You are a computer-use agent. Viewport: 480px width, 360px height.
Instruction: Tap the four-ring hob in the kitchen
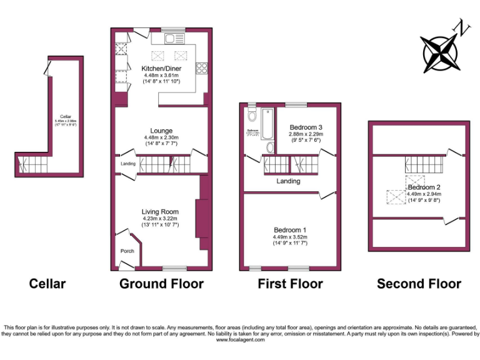pyautogui.click(x=202, y=67)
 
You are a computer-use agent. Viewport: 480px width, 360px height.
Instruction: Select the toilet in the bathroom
pyautogui.click(x=251, y=115)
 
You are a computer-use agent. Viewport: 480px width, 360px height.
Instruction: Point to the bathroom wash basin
pyautogui.click(x=269, y=147)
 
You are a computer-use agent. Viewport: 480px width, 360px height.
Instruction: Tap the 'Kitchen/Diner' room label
pyautogui.click(x=161, y=69)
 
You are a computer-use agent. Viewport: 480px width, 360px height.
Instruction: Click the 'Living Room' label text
pyautogui.click(x=160, y=212)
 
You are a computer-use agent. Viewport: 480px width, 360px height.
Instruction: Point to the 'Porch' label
pyautogui.click(x=127, y=251)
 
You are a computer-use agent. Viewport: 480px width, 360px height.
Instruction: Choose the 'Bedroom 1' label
pyautogui.click(x=290, y=229)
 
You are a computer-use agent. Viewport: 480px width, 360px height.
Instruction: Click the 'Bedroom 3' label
pyautogui.click(x=305, y=126)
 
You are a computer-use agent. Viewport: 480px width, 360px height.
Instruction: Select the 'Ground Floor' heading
pyautogui.click(x=161, y=284)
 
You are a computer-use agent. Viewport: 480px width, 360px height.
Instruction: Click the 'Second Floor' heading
pyautogui.click(x=419, y=284)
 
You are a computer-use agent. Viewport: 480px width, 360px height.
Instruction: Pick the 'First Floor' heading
pyautogui.click(x=290, y=284)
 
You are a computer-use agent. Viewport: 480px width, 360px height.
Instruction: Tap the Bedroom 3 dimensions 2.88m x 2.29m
pyautogui.click(x=305, y=134)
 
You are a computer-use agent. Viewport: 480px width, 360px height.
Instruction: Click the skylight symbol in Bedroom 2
pyautogui.click(x=396, y=197)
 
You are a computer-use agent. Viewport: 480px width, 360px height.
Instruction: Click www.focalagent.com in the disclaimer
pyautogui.click(x=239, y=339)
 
